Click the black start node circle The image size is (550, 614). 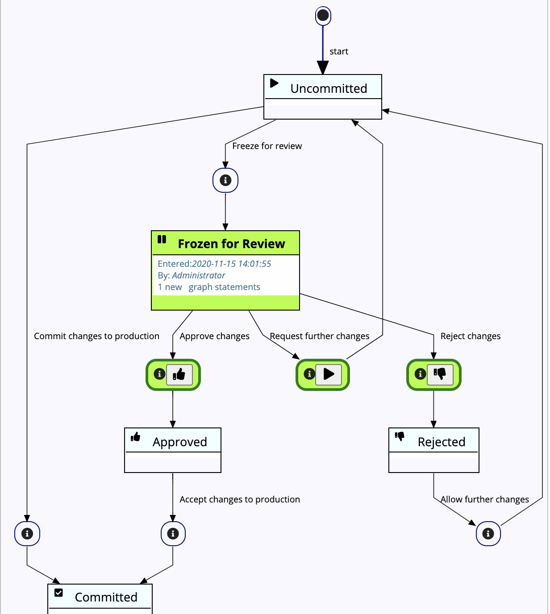(x=323, y=16)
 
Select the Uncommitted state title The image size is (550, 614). (x=329, y=88)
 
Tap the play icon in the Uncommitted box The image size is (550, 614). (x=274, y=83)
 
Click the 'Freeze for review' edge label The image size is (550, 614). (x=267, y=146)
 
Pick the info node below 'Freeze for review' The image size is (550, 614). (x=225, y=180)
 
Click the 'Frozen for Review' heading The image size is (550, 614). (x=231, y=244)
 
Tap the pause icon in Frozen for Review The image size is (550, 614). (x=162, y=240)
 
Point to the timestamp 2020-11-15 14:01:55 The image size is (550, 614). (x=231, y=264)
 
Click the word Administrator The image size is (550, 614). (x=199, y=275)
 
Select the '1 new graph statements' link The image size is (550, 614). (x=209, y=287)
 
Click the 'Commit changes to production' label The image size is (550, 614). (x=96, y=336)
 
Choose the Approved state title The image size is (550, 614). (x=180, y=442)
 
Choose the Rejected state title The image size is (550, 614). (x=442, y=442)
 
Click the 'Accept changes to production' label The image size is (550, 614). (x=240, y=499)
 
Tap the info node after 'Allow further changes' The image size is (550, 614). (x=488, y=534)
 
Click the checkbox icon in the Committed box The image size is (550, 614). (x=58, y=593)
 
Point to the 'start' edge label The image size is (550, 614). (x=339, y=51)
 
